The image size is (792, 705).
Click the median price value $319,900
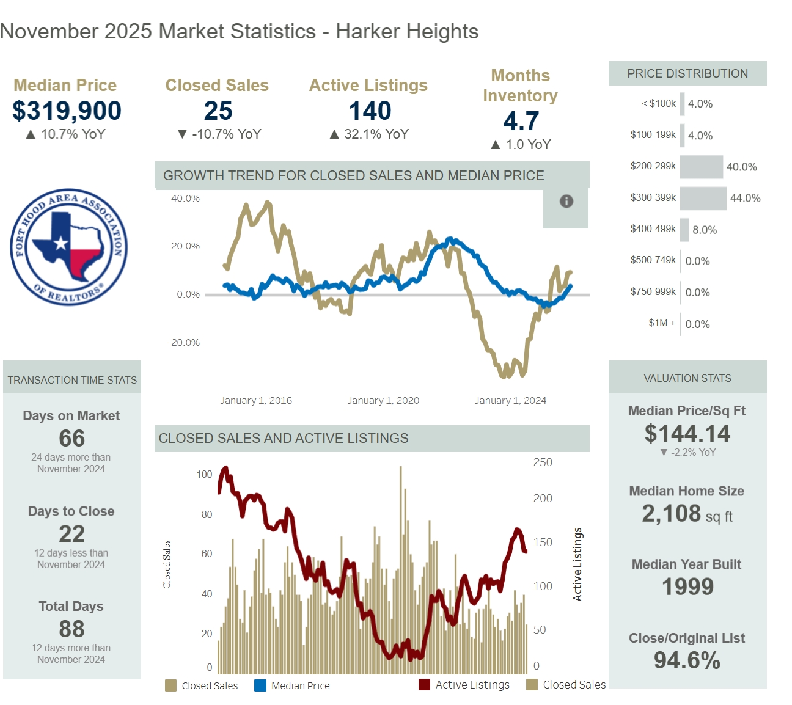pos(67,111)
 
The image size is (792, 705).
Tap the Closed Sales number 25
pos(218,111)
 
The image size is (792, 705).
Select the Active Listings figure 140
pos(370,111)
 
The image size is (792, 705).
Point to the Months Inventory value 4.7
pos(521,122)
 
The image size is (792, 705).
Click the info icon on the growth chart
pos(566,201)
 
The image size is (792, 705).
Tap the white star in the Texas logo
pos(61,243)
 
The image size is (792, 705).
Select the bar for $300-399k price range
pos(703,198)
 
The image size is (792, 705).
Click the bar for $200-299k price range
pos(702,167)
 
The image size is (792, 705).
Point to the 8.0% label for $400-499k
pos(705,230)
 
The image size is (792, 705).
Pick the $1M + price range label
pos(662,323)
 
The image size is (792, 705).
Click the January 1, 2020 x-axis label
pos(383,401)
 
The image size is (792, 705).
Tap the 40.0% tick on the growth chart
pos(185,199)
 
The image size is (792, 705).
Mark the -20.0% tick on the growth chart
pos(184,343)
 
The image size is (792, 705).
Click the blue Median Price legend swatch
pos(260,685)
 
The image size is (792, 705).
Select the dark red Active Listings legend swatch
pos(424,685)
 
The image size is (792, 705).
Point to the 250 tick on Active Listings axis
pos(543,462)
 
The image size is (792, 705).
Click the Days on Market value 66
pos(71,439)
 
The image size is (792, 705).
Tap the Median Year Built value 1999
pos(687,587)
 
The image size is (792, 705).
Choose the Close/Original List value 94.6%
pos(687,660)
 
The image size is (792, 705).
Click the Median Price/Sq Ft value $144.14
pos(687,434)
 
